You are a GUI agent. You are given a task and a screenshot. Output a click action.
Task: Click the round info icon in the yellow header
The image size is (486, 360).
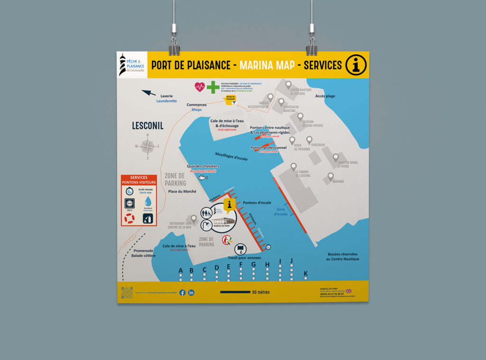pyautogui.click(x=355, y=65)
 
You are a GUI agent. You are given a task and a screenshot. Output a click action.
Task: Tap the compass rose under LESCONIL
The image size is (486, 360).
pyautogui.click(x=148, y=146)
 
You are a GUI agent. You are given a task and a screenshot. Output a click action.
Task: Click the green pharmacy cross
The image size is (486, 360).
pyautogui.click(x=213, y=87)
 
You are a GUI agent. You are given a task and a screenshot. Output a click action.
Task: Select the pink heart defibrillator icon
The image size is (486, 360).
pyautogui.click(x=200, y=87)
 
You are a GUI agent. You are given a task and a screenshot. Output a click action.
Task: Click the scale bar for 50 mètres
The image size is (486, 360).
pyautogui.click(x=235, y=292)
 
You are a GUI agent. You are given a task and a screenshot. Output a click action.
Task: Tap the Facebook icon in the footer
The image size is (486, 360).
pyautogui.click(x=183, y=293)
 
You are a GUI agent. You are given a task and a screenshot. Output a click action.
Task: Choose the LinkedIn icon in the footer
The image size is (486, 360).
pyautogui.click(x=191, y=293)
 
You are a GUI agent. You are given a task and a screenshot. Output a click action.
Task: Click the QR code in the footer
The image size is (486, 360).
pyautogui.click(x=127, y=293)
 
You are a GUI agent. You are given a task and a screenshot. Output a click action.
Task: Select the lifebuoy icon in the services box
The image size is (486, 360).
pyautogui.click(x=130, y=218)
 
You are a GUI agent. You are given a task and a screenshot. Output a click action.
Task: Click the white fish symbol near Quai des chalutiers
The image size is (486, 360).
pyautogui.click(x=203, y=178)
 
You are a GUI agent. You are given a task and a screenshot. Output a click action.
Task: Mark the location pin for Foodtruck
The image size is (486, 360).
pyautogui.click(x=309, y=140)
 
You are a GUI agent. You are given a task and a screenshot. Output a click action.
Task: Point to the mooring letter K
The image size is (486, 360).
pyautogui.click(x=306, y=273)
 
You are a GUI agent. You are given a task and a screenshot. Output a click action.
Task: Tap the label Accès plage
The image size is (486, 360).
pyautogui.click(x=325, y=96)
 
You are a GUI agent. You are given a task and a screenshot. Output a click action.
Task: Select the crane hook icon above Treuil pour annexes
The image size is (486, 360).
pyautogui.click(x=241, y=249)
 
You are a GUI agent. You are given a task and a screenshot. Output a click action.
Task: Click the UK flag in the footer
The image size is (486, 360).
pyautogui.click(x=349, y=291)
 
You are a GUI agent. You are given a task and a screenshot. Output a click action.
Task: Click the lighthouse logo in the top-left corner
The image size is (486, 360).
pyautogui.click(x=123, y=64)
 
